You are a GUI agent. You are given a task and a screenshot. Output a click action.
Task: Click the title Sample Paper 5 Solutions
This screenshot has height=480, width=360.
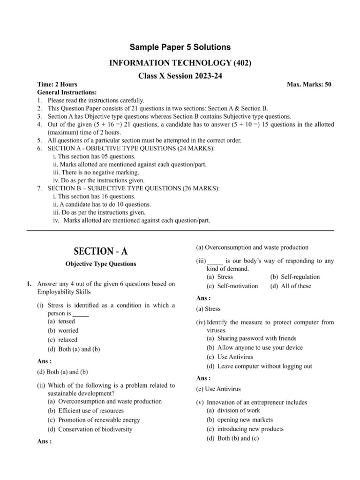click(180, 47)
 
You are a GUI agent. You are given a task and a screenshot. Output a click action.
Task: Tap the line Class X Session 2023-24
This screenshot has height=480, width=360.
click(180, 76)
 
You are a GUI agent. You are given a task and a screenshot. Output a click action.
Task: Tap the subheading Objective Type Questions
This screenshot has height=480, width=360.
click(101, 264)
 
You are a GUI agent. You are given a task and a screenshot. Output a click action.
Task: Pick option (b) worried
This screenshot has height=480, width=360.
click(63, 330)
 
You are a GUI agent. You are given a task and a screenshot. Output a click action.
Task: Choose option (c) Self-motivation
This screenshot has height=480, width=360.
click(232, 286)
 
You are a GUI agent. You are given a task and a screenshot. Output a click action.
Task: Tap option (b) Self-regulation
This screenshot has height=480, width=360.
click(295, 277)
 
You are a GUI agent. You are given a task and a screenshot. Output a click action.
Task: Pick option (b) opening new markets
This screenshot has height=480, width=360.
click(240, 420)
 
